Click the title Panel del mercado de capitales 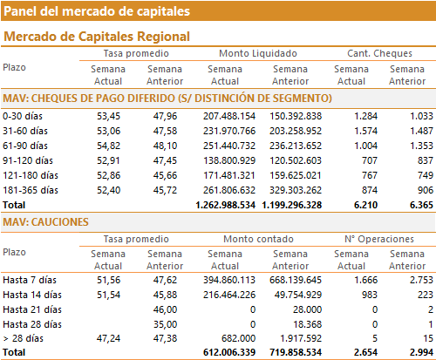tap(97, 11)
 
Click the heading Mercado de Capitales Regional tap(97, 37)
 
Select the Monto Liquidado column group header tap(258, 53)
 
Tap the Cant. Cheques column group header tap(379, 53)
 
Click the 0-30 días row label tap(23, 116)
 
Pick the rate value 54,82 tap(108, 146)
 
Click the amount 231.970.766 tap(229, 131)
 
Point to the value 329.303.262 tap(296, 190)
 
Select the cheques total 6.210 tap(365, 205)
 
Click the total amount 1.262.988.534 tap(226, 205)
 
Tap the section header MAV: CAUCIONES tap(45, 222)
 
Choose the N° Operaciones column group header tap(379, 239)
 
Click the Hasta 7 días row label tap(30, 280)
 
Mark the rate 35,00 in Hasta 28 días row tap(165, 324)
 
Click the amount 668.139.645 tap(296, 280)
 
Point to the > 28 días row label tap(24, 338)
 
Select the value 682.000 tap(238, 338)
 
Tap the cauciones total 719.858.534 tap(296, 352)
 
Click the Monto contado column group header tap(258, 239)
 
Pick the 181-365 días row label tap(31, 190)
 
